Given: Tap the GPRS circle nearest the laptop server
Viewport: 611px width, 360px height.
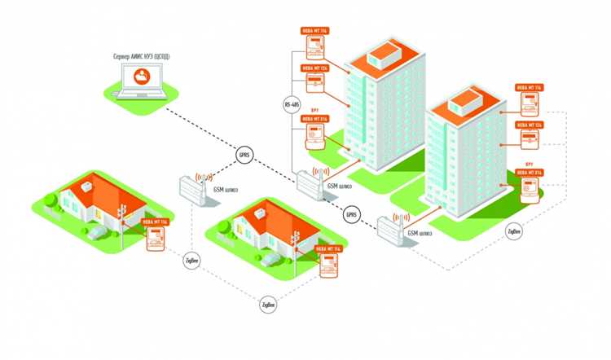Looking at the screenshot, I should [244, 155].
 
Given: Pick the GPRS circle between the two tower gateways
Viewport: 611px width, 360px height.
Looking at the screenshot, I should [351, 215].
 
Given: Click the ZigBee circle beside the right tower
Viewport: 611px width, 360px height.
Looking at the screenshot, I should [513, 231].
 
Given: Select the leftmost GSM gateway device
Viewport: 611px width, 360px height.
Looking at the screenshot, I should [192, 190].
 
